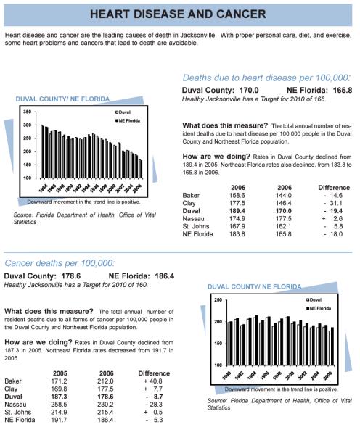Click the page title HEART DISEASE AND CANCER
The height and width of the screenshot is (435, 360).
[x=178, y=14]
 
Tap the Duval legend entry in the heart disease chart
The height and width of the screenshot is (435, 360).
[x=123, y=112]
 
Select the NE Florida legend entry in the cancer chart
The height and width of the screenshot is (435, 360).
[x=319, y=308]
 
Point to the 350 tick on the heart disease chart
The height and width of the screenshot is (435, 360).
[x=28, y=112]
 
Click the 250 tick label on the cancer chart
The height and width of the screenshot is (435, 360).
[x=218, y=300]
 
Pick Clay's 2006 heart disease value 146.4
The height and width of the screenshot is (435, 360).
[x=284, y=203]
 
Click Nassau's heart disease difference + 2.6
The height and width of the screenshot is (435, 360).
[x=332, y=219]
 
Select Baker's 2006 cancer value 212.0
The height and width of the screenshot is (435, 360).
[x=105, y=381]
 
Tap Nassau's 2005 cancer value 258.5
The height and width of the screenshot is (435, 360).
[x=59, y=405]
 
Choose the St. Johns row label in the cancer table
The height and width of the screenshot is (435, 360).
[x=17, y=413]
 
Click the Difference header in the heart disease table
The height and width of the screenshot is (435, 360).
[x=334, y=188]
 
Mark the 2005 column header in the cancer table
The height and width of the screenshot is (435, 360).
[x=60, y=373]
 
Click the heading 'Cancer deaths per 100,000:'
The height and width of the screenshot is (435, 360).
[x=60, y=263]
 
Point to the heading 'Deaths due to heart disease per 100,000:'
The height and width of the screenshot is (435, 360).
[x=266, y=78]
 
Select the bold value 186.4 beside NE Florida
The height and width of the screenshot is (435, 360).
[x=165, y=276]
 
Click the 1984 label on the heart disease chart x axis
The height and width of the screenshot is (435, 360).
[x=43, y=188]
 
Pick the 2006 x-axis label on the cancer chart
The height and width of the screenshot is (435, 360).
[x=328, y=376]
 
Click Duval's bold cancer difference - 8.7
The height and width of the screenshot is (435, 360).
[x=154, y=397]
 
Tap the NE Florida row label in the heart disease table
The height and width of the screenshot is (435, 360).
[x=197, y=234]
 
